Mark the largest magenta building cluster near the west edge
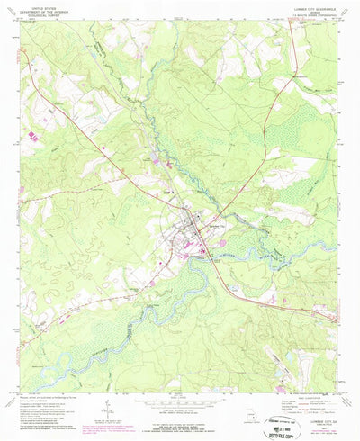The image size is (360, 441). click(34, 134)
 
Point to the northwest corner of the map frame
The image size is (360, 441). click(21, 24)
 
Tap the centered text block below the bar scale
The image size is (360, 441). click(180, 416)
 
